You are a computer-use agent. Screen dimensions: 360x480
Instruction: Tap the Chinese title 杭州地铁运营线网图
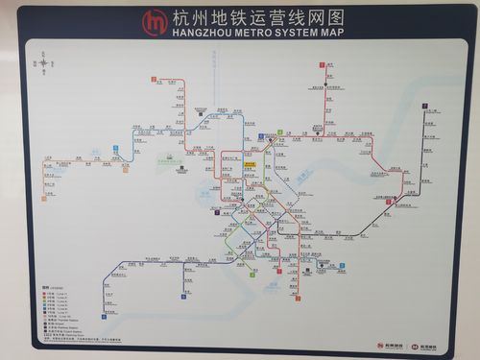[256, 17]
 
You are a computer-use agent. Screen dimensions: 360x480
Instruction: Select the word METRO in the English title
[255, 32]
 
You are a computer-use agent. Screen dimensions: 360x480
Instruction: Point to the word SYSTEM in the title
[298, 32]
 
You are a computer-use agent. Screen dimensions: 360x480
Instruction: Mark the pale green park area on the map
[169, 163]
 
